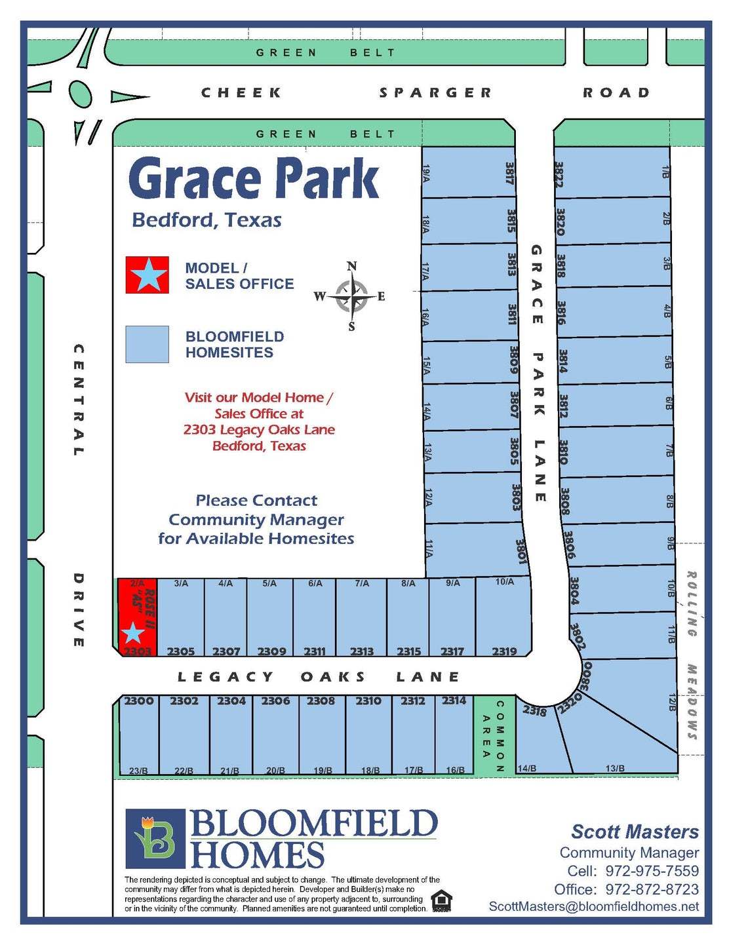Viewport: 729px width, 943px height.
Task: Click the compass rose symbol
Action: point(352,296)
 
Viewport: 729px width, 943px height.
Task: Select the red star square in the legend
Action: point(148,275)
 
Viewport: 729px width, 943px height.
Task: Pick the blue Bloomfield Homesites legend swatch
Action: point(148,344)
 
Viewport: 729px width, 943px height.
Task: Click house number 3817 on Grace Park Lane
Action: point(509,173)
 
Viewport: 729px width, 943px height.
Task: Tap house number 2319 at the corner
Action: point(504,651)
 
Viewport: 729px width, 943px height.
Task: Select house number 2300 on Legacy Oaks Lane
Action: point(139,701)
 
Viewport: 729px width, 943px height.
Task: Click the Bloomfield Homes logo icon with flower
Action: point(155,838)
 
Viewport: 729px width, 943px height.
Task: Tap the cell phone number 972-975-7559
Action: point(652,871)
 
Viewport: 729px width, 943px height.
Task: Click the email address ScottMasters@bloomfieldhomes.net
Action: point(594,906)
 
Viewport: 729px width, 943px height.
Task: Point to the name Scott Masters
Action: point(635,832)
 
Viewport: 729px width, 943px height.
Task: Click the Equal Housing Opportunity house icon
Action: point(442,900)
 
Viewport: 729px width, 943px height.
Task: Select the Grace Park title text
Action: point(254,178)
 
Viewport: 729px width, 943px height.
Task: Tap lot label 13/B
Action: point(615,768)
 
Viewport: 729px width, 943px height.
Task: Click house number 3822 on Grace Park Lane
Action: point(559,174)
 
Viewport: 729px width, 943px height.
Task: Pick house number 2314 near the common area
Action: point(454,701)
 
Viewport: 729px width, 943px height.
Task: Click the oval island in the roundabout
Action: point(79,96)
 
